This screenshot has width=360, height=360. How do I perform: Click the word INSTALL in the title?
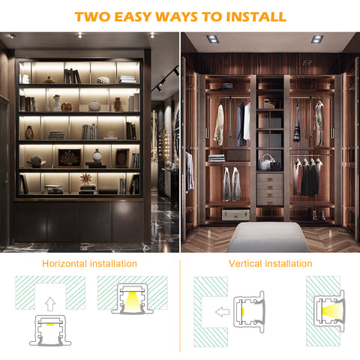[x=256, y=16]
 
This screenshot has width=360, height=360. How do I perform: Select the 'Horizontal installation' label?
[x=89, y=264]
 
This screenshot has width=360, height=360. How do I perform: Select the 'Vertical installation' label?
[x=271, y=264]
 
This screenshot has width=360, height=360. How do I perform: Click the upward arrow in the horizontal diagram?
[x=50, y=304]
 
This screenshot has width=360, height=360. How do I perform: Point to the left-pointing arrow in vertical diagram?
[x=222, y=312]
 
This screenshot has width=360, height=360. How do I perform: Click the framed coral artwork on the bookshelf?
[x=70, y=158]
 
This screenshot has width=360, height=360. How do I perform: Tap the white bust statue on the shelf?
[x=57, y=103]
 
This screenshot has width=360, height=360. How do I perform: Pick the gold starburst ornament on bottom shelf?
[x=85, y=178]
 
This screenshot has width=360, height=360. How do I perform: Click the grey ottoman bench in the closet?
[x=268, y=237]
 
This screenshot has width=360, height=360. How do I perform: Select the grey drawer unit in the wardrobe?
[x=270, y=189]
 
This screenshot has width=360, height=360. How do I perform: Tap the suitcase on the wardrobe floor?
[x=235, y=214]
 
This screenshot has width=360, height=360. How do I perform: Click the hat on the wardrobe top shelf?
[x=227, y=85]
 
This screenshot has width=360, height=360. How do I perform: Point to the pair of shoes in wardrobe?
[x=319, y=214]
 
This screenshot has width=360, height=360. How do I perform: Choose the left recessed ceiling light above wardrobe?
[x=213, y=39]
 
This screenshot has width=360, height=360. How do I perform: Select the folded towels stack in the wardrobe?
[x=217, y=158]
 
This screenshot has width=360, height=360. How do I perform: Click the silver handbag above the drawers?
[x=265, y=163]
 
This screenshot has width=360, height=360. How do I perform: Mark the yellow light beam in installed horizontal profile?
[x=132, y=301]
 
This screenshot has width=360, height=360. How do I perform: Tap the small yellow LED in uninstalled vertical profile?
[x=243, y=312]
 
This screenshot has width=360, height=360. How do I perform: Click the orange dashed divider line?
[x=180, y=306]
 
